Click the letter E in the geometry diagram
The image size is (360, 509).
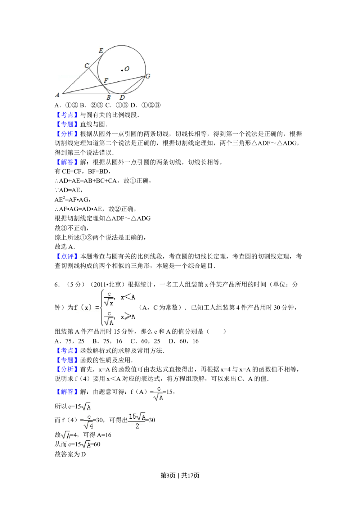[x=101, y=51]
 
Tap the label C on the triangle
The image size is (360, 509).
[x=86, y=66]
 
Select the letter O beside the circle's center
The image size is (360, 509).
[x=127, y=68]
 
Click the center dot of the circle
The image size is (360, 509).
[x=122, y=70]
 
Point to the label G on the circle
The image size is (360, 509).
[x=148, y=76]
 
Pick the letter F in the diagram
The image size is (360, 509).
[x=106, y=81]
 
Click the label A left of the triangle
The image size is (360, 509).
[x=57, y=95]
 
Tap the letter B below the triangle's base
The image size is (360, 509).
[x=108, y=98]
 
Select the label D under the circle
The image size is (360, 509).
[x=122, y=98]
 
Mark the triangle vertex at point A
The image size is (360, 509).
[x=63, y=94]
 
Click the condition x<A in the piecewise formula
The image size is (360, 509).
[x=128, y=297]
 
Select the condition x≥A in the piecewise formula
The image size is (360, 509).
[x=128, y=317]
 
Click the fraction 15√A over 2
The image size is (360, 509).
[x=137, y=421]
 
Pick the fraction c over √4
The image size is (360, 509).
[x=89, y=422]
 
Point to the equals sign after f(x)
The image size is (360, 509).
[x=97, y=307]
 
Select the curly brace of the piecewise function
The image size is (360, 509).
[x=103, y=307]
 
